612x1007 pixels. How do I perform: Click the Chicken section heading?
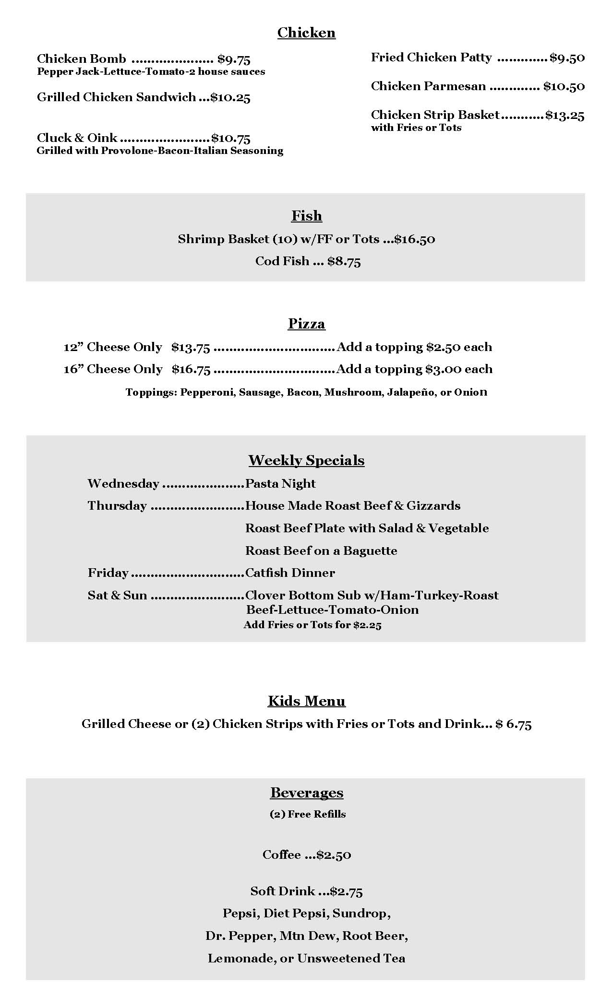click(x=306, y=33)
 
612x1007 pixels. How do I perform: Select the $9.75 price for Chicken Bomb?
click(x=234, y=59)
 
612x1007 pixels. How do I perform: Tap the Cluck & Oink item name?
click(x=77, y=138)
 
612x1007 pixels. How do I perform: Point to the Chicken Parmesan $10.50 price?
click(x=564, y=86)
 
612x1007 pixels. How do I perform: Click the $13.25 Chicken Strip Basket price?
click(x=564, y=115)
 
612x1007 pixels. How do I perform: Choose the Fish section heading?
click(x=306, y=216)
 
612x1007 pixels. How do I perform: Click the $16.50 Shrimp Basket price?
click(x=415, y=239)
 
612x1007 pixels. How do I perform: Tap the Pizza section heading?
click(x=306, y=324)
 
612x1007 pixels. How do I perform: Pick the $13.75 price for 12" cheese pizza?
click(x=191, y=347)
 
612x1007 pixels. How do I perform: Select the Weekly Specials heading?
click(x=306, y=460)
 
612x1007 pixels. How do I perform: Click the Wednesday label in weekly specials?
click(x=123, y=483)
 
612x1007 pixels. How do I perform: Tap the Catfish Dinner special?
click(x=290, y=573)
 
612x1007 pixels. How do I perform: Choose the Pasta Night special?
click(x=280, y=483)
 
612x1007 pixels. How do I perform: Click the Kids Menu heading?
click(x=306, y=701)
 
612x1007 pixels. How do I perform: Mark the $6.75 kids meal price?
click(x=514, y=724)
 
